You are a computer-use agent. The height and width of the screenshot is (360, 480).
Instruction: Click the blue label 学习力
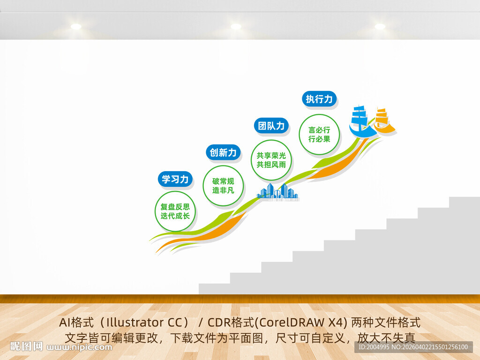(x=175, y=179)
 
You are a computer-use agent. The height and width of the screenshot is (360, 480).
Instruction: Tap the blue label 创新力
(x=224, y=152)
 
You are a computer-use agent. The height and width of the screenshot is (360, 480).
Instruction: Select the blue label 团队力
(x=271, y=126)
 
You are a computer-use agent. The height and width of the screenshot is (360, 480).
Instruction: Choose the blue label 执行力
(x=319, y=99)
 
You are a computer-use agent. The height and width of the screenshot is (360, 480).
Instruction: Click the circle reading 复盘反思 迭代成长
(x=175, y=211)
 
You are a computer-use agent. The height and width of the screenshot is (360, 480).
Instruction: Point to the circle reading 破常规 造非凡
(x=223, y=186)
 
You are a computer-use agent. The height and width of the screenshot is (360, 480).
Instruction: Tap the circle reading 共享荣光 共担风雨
(x=271, y=160)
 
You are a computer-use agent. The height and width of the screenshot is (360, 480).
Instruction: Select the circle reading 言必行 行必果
(x=319, y=135)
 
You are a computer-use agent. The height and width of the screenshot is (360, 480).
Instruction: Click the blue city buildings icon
(x=277, y=192)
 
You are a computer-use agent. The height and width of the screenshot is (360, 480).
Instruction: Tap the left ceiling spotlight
(x=76, y=27)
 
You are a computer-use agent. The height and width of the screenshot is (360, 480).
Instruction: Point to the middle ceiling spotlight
(x=236, y=27)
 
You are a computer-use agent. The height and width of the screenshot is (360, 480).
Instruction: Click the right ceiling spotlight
(x=380, y=27)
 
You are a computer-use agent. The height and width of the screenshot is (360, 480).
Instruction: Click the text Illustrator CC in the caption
(x=145, y=322)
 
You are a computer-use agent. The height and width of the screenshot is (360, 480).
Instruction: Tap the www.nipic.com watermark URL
(x=80, y=347)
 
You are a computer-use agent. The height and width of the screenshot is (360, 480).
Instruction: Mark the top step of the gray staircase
(x=464, y=202)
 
